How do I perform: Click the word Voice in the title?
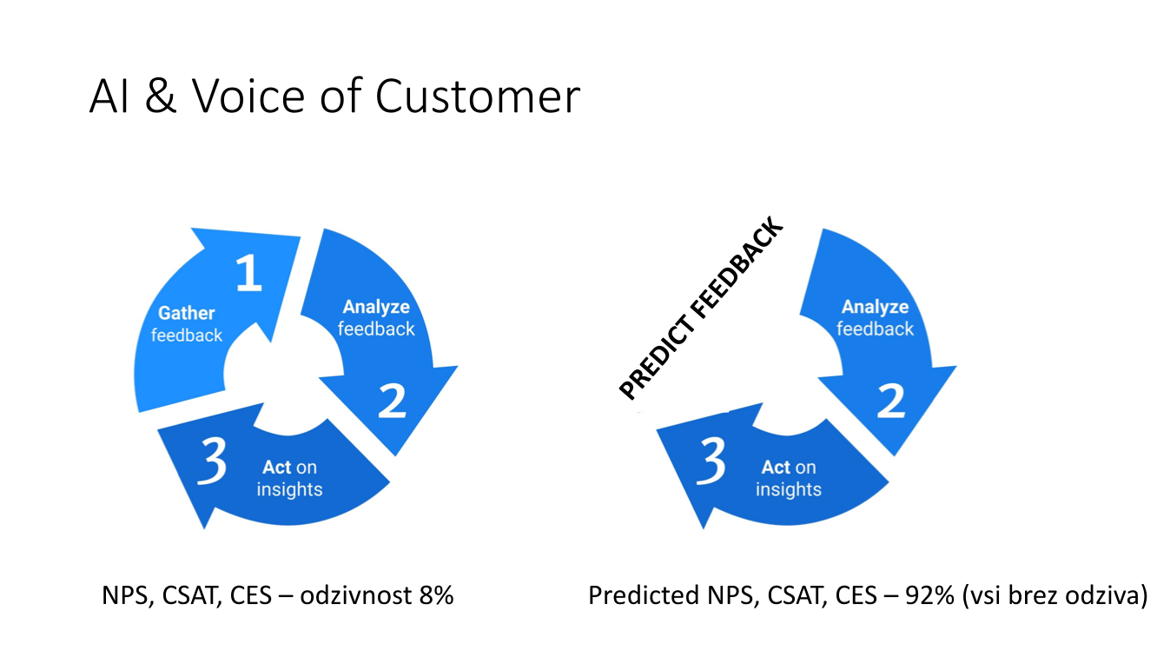252,97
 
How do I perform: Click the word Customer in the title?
477,97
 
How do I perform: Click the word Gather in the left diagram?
186,313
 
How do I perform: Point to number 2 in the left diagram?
392,401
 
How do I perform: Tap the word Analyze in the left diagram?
376,307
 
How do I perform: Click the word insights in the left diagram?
289,489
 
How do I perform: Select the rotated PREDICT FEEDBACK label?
701,310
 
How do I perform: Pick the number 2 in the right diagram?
890,401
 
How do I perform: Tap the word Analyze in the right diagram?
875,307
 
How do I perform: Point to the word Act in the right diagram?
776,468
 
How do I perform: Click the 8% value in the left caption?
435,596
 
